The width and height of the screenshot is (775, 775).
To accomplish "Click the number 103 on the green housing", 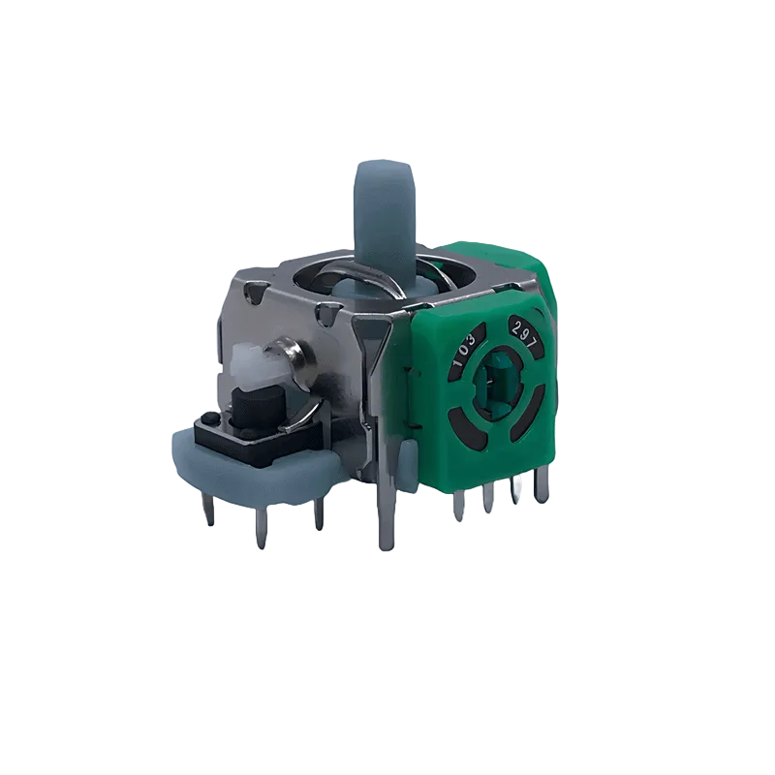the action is [465, 350].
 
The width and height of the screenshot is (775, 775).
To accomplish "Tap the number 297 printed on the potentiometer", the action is [524, 330].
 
